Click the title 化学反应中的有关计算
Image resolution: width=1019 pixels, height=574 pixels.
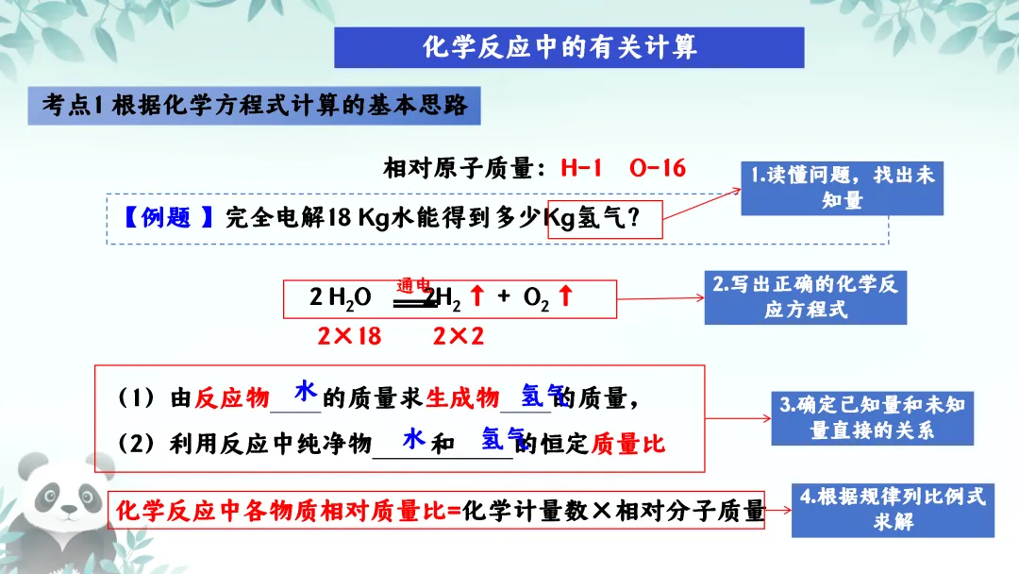point(568,47)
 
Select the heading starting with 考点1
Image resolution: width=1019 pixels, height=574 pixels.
point(255,106)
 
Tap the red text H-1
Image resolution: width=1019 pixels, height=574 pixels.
point(581,168)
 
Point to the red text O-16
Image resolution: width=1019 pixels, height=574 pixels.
point(657,168)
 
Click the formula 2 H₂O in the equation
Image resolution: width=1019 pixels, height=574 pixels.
point(340,297)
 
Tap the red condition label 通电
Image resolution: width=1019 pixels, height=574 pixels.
point(414,284)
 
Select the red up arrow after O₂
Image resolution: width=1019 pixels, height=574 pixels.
point(565,296)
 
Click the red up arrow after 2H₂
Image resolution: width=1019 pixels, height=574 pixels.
point(476,296)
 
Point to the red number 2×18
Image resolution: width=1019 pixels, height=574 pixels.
point(348,336)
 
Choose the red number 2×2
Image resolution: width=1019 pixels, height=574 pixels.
point(459,336)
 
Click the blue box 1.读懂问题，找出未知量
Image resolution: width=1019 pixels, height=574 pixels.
point(842,187)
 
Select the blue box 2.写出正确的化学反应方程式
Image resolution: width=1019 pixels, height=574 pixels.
point(805,296)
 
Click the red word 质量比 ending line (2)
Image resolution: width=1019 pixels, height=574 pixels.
point(628,444)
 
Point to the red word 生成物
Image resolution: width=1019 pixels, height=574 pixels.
point(462,399)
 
